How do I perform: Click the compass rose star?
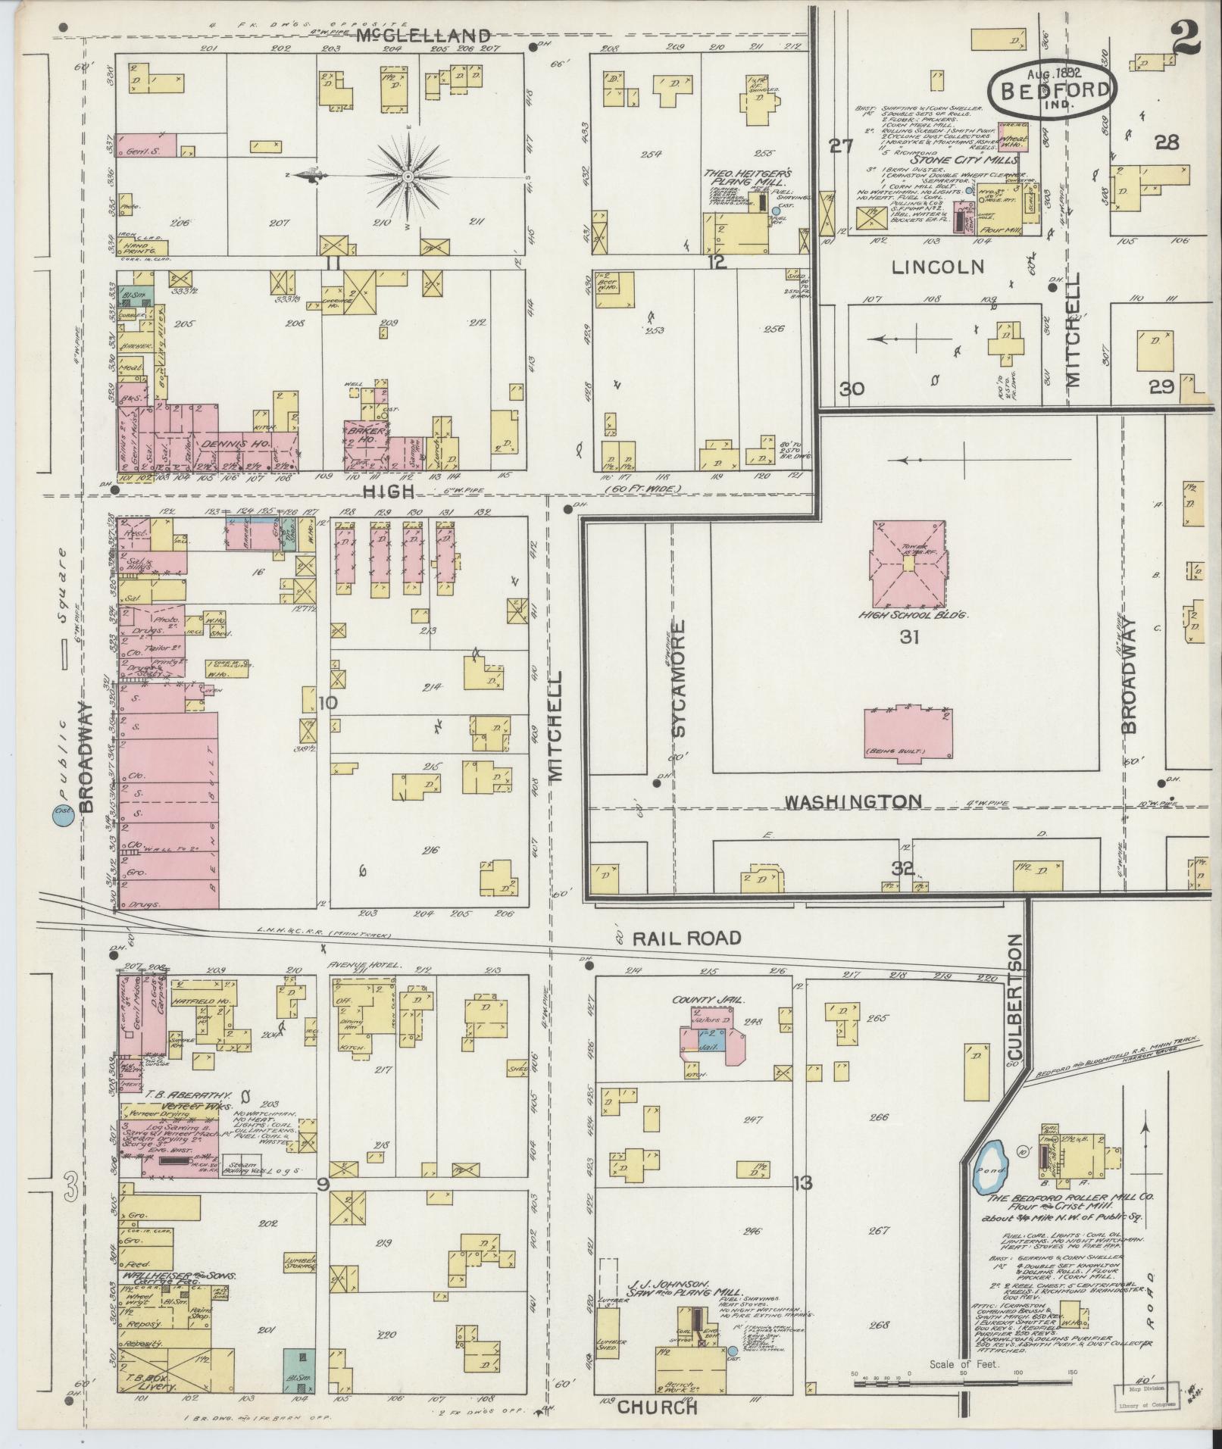[408, 176]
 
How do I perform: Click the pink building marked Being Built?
[908, 734]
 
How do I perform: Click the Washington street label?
[852, 801]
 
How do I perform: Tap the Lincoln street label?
[937, 267]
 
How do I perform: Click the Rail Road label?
[686, 938]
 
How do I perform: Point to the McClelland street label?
[423, 35]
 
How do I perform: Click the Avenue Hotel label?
[358, 966]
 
